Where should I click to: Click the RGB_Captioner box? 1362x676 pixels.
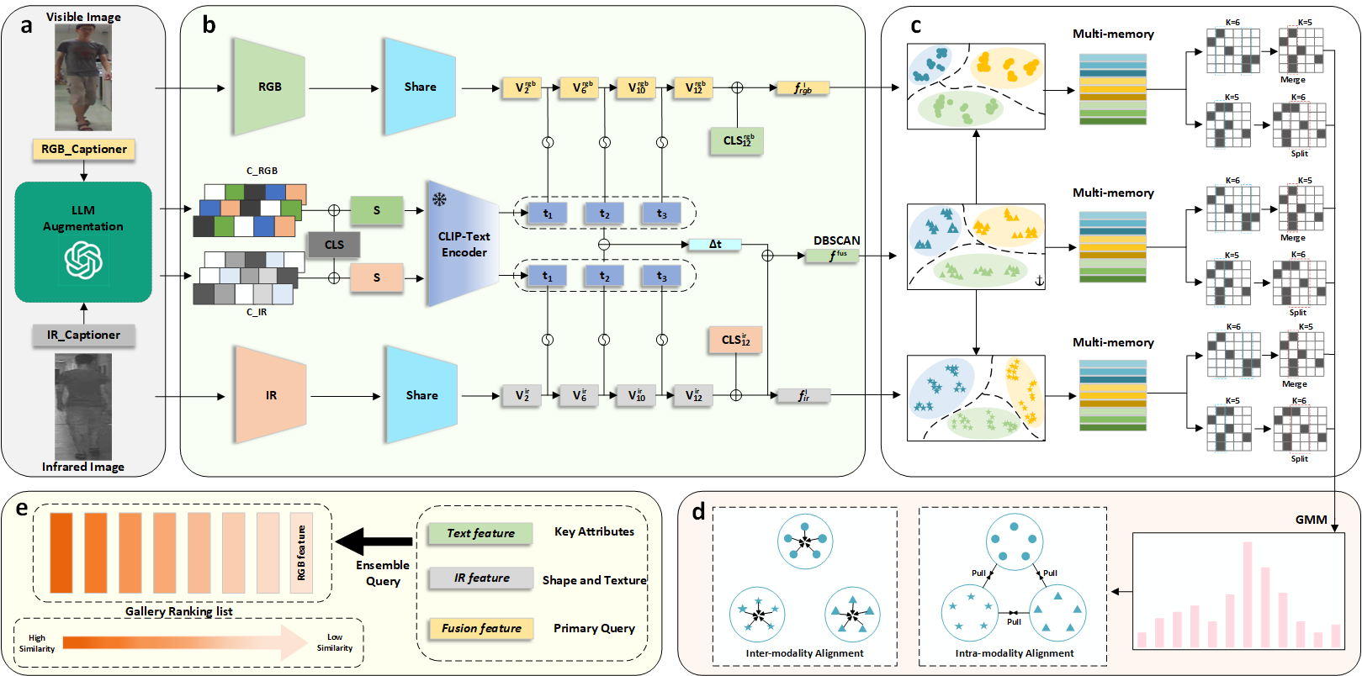click(x=83, y=150)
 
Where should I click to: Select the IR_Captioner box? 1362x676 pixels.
click(x=83, y=335)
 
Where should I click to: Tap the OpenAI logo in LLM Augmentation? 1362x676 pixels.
click(x=83, y=260)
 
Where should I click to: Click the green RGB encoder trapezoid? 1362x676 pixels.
click(x=269, y=87)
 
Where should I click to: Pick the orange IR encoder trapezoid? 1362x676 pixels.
click(x=271, y=395)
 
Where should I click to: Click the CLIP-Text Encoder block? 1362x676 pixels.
click(x=464, y=244)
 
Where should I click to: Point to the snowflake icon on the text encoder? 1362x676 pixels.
click(x=439, y=199)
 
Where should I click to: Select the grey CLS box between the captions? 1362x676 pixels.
click(x=334, y=245)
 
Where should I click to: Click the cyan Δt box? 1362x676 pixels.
click(x=714, y=245)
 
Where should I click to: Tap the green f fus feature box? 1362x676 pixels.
click(x=832, y=256)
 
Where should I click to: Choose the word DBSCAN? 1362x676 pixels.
click(x=836, y=240)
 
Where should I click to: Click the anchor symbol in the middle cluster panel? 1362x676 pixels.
click(x=1038, y=281)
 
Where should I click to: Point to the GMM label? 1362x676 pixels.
click(x=1311, y=520)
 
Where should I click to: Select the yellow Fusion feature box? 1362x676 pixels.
click(x=481, y=628)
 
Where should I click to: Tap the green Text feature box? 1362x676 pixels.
click(x=480, y=533)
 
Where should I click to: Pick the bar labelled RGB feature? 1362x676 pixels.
click(x=301, y=552)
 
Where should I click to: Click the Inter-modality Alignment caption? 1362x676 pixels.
click(x=804, y=653)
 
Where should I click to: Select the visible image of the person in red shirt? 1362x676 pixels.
click(x=83, y=77)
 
